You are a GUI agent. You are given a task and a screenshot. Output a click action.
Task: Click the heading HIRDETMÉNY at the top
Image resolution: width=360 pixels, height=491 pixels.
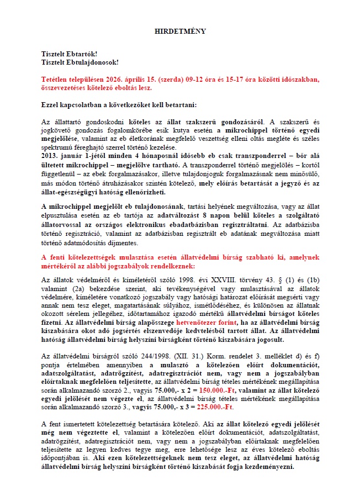pos(179,31)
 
